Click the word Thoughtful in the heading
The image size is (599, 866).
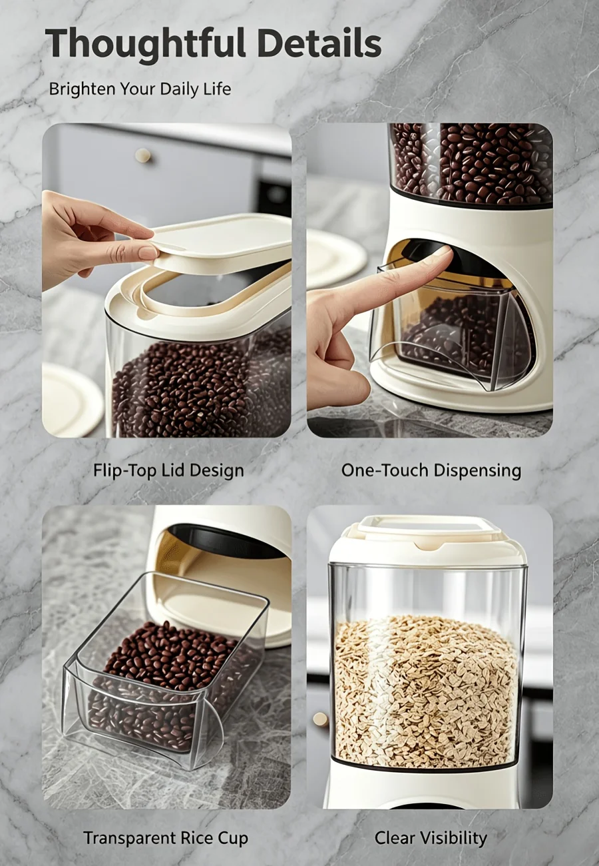click(145, 43)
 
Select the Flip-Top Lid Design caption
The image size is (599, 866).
click(169, 471)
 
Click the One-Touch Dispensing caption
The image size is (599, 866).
click(431, 470)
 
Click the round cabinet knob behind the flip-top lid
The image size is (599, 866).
click(142, 155)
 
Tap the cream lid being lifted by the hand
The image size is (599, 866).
click(220, 242)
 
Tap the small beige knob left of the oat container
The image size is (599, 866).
click(320, 719)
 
